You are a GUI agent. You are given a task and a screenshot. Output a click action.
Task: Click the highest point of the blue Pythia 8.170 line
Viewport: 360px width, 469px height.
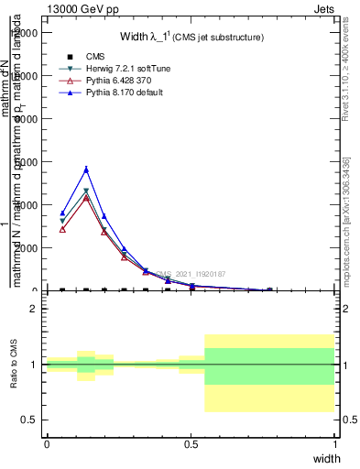click(86, 169)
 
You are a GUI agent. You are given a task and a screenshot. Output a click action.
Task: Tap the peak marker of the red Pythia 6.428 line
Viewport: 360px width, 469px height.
click(86, 197)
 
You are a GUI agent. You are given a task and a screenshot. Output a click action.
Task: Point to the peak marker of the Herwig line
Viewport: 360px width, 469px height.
click(86, 191)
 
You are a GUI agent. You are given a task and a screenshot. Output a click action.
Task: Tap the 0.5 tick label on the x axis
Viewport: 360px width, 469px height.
click(191, 442)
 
